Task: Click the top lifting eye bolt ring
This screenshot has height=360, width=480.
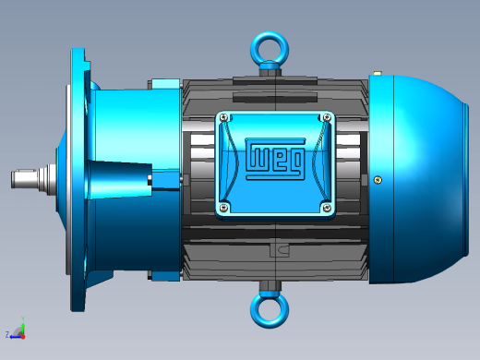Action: tap(270, 34)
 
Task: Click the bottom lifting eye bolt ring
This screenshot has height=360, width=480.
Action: tap(270, 326)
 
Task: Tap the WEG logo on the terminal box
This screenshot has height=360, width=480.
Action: tap(275, 159)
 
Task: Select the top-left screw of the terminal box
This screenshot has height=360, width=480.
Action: tap(224, 117)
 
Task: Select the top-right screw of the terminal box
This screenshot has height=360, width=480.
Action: tap(327, 117)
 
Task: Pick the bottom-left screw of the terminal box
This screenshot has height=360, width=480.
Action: tap(224, 208)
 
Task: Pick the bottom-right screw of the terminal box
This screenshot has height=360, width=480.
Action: tap(327, 208)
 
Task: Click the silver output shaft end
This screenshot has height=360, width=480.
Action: tap(25, 178)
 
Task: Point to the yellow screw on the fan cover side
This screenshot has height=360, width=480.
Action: tap(378, 180)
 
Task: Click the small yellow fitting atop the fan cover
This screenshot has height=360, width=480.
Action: tap(378, 73)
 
